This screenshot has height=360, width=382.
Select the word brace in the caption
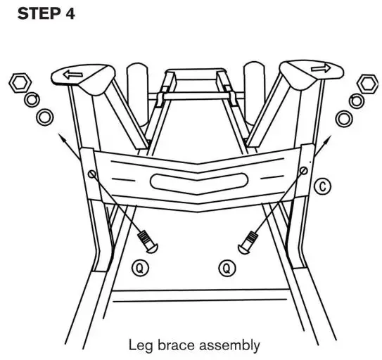[177, 345]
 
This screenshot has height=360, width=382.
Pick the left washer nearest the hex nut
[31, 99]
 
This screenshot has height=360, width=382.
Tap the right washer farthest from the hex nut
[342, 117]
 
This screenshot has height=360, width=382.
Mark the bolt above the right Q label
[248, 243]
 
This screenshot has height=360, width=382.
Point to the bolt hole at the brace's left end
[93, 174]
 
